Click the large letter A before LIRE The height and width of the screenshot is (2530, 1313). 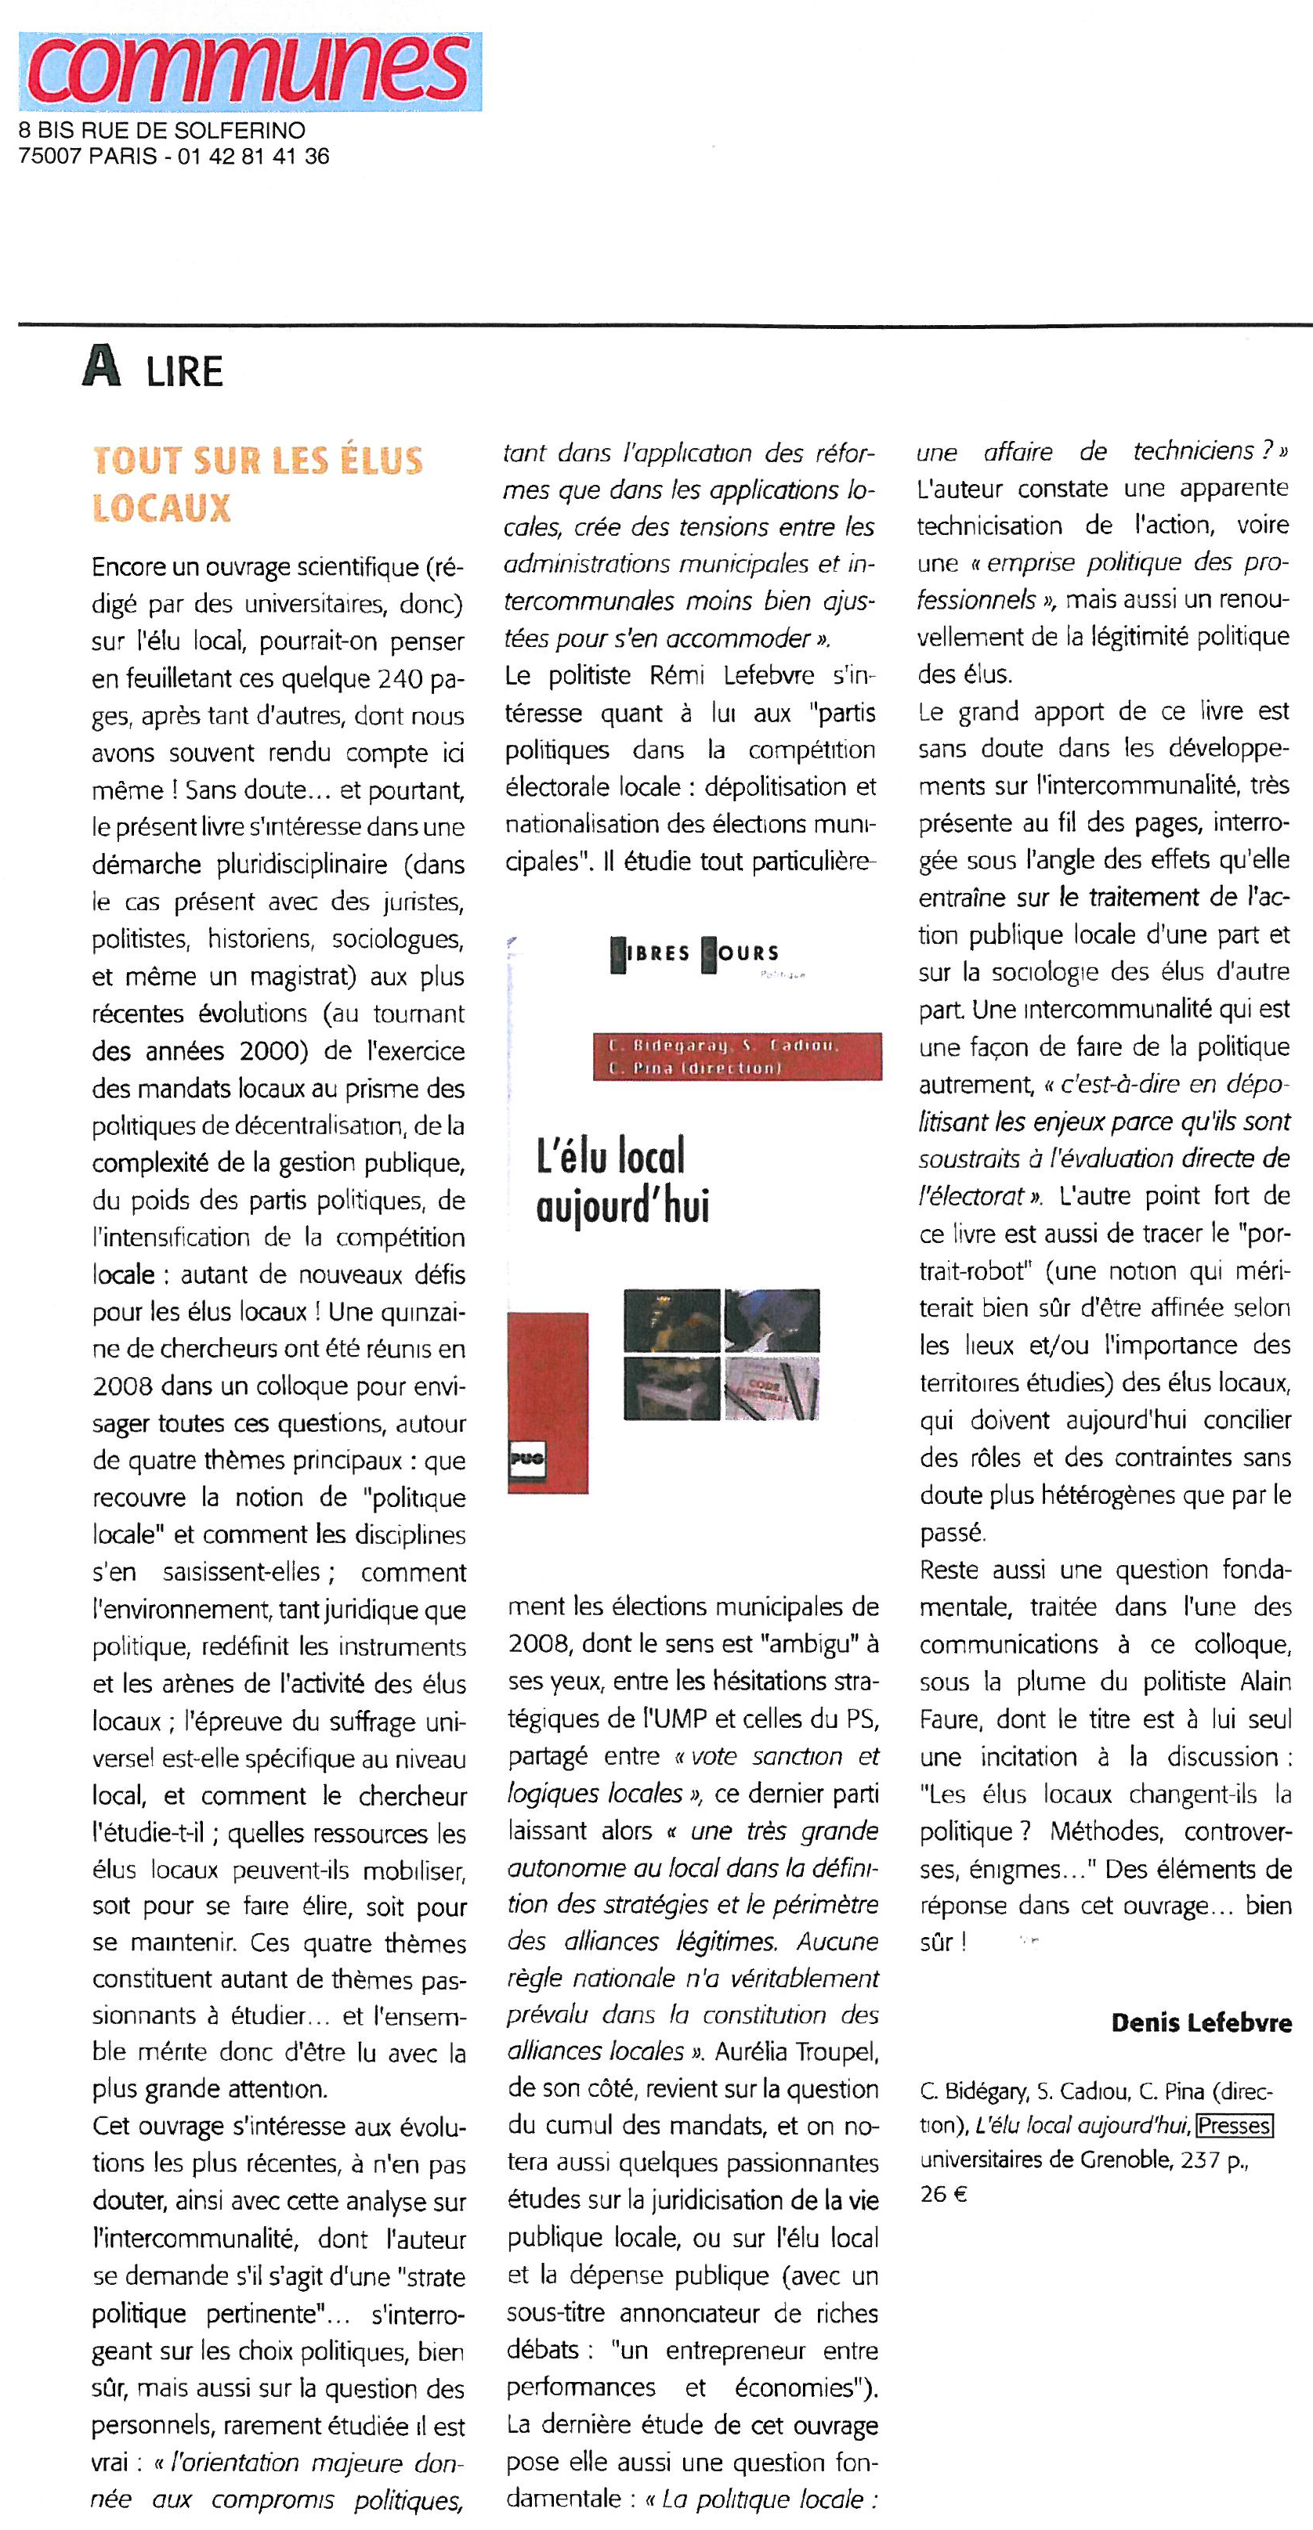pyautogui.click(x=101, y=367)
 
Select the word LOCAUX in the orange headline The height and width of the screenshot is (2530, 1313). pyautogui.click(x=161, y=507)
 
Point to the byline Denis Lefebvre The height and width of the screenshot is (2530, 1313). pyautogui.click(x=1201, y=2022)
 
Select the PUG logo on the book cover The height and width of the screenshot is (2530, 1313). pyautogui.click(x=526, y=1458)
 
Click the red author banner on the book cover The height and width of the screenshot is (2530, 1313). pyautogui.click(x=736, y=1056)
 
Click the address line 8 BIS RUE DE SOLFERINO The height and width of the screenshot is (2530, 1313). pyautogui.click(x=162, y=131)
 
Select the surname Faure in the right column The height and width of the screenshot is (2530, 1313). pyautogui.click(x=952, y=1719)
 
